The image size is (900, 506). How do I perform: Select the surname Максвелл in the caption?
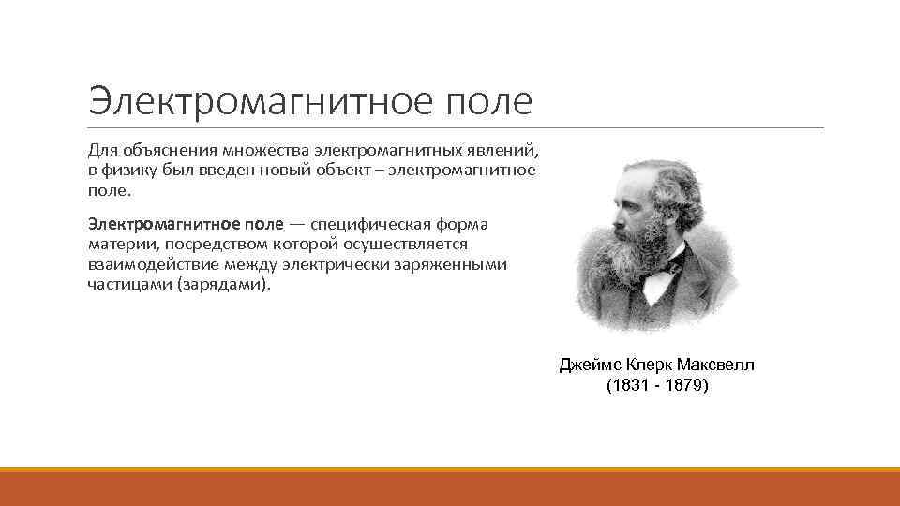[x=715, y=365]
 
